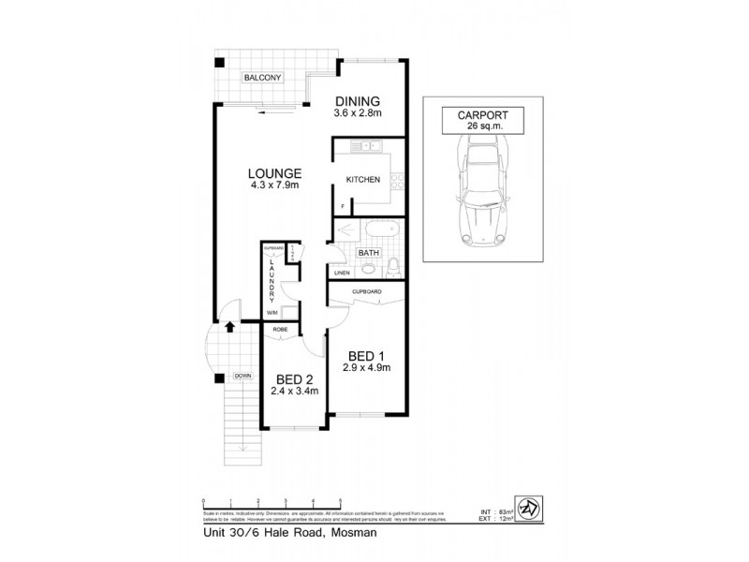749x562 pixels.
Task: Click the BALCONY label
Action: (262, 77)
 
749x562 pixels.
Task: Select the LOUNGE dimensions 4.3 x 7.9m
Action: (274, 185)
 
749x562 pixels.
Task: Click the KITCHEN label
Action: (363, 179)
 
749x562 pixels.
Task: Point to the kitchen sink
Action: (361, 145)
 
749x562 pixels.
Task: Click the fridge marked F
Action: (343, 205)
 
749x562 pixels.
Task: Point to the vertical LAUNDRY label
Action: (272, 278)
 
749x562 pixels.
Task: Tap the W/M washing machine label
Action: (272, 312)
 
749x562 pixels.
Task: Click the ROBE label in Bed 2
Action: (279, 330)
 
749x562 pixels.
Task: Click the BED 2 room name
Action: (293, 379)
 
